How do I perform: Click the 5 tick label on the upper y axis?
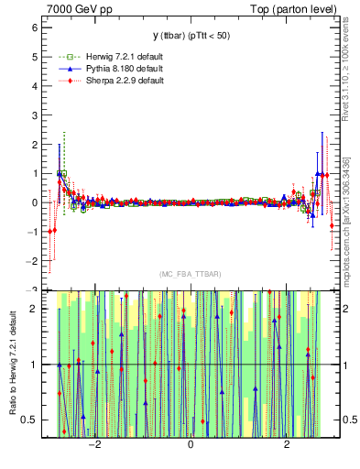(x=34, y=57)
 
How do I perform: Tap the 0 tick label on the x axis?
(x=191, y=444)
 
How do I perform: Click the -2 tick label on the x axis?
(x=94, y=444)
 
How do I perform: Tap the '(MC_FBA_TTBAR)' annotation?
(x=190, y=274)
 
